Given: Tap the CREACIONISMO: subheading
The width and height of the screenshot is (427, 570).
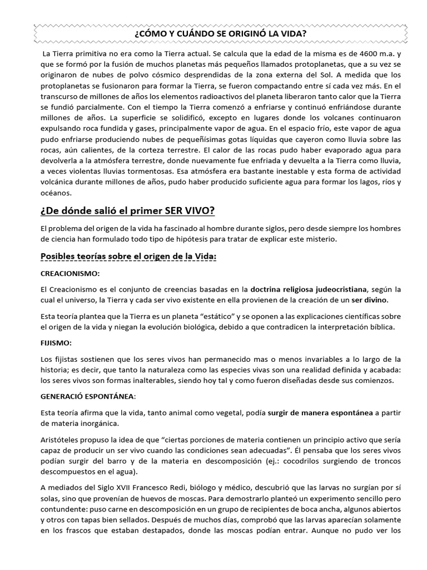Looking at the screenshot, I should pos(71,274).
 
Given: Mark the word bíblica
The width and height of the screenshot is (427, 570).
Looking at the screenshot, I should pos(379,327).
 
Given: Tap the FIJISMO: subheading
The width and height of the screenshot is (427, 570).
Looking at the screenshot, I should pos(57,343).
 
